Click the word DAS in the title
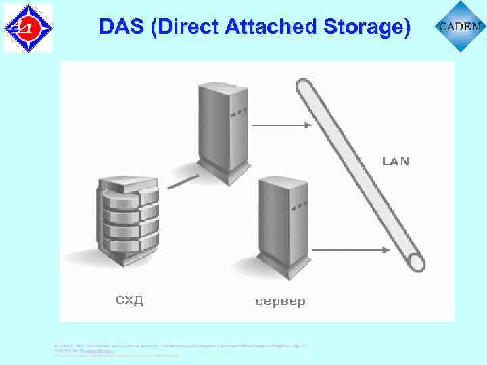(116, 27)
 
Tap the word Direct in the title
(176, 27)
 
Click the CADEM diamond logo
(461, 26)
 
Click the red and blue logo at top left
(28, 27)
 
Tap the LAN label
(396, 162)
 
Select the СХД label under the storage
(129, 300)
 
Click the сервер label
(280, 301)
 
